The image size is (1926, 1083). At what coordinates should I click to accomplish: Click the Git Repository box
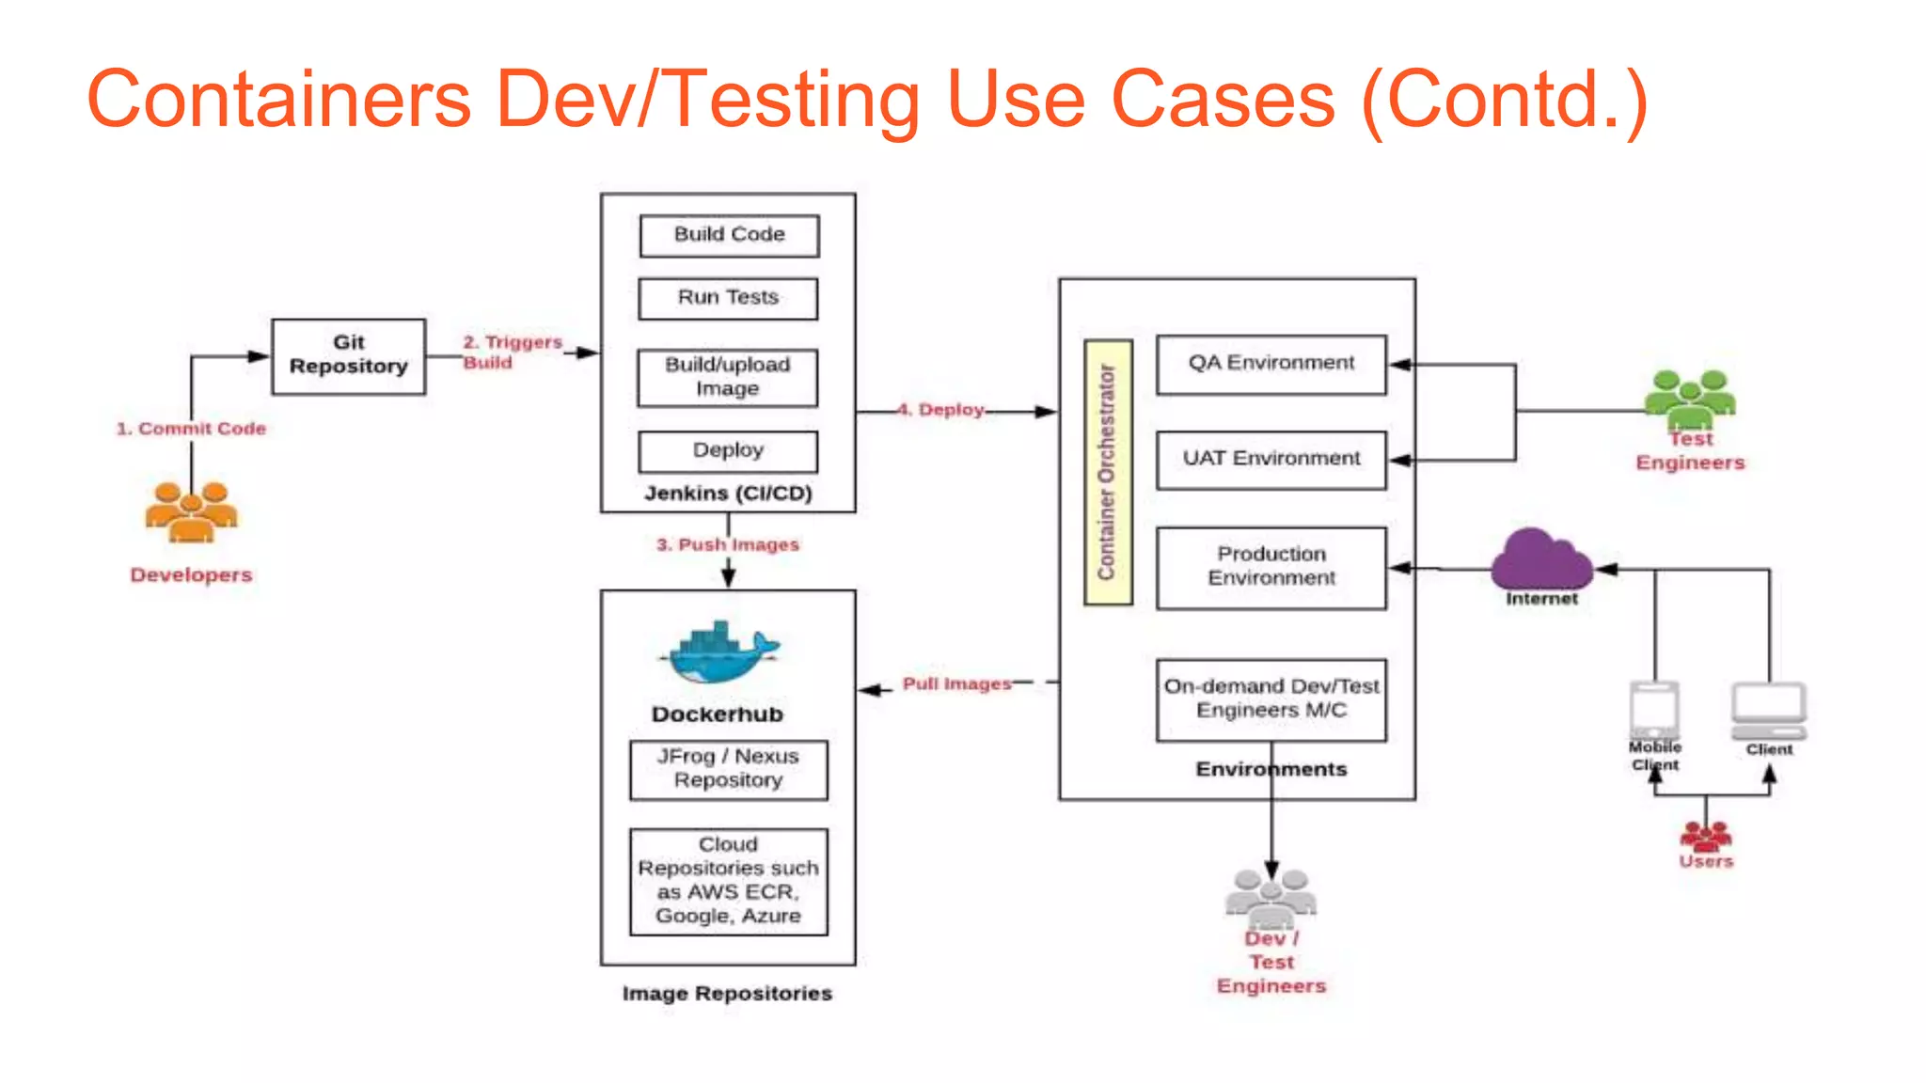pos(348,355)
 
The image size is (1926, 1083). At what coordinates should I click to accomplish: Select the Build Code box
pos(729,235)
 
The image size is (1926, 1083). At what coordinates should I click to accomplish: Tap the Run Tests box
pos(728,298)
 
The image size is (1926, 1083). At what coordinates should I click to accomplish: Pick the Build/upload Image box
pos(727,377)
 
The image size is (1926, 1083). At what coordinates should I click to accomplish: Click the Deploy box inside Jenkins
pos(728,451)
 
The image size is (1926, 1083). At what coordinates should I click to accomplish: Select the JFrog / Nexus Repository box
pos(728,769)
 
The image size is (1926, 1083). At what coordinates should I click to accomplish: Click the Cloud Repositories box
pos(728,881)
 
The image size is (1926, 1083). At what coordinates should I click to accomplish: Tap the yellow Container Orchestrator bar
pos(1107,472)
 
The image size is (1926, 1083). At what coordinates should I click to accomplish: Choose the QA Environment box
pos(1271,364)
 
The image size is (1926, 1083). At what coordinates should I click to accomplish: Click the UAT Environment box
pos(1271,460)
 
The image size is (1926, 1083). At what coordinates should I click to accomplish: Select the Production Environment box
pos(1271,567)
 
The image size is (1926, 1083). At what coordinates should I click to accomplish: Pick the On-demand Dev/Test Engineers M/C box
pos(1271,699)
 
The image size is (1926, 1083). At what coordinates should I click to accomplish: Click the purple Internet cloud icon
pos(1540,559)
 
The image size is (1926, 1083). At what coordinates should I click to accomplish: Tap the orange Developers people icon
pos(191,511)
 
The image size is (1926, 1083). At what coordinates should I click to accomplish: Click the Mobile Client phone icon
pos(1654,710)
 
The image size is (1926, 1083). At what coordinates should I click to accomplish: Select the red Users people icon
pos(1705,836)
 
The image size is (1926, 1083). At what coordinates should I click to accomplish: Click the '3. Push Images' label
pos(727,545)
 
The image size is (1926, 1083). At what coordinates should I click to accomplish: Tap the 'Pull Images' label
pos(955,684)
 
